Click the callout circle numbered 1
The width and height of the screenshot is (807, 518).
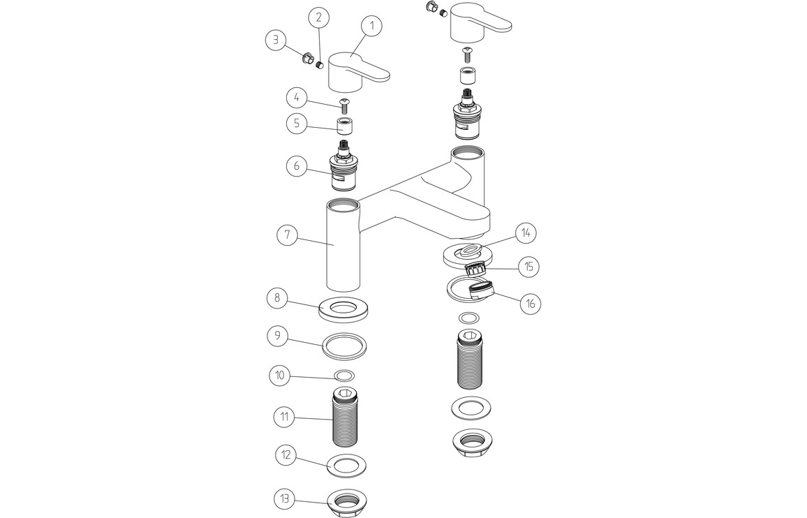372,26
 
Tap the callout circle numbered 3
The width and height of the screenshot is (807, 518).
276,40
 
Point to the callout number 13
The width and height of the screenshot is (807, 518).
284,500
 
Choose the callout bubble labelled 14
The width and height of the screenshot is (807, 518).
526,232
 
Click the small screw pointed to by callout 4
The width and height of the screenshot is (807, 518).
343,105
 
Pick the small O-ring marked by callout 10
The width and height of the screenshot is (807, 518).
343,375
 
